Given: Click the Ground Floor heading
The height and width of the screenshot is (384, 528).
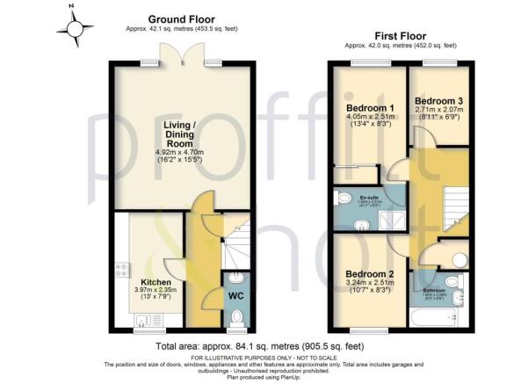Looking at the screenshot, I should [x=182, y=18].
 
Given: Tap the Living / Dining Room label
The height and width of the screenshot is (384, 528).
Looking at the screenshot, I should [x=182, y=130].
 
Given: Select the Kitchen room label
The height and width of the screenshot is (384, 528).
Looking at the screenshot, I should [x=148, y=283].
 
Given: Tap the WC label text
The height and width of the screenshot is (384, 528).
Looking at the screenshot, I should [x=235, y=295].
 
